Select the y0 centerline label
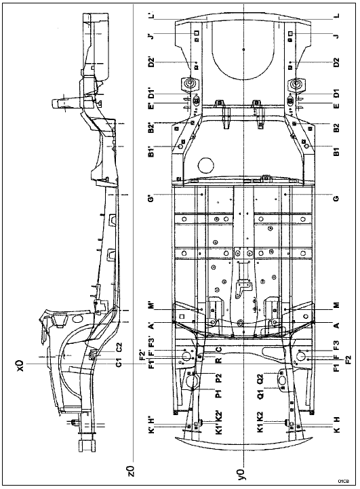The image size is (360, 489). coord(241,469)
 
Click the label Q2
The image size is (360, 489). coord(260,378)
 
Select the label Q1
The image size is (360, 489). coord(260,395)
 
